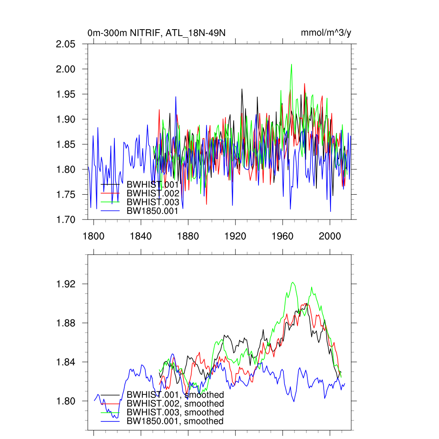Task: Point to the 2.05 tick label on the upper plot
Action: click(x=66, y=44)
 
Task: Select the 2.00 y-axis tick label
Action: click(x=66, y=69)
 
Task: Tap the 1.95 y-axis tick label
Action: click(x=66, y=94)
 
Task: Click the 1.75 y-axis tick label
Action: click(x=66, y=195)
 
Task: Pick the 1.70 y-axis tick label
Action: click(x=66, y=219)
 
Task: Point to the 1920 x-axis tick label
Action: click(x=235, y=235)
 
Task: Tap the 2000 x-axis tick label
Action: click(x=330, y=235)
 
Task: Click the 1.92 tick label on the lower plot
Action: click(x=66, y=284)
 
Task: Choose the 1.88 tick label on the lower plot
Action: click(x=66, y=323)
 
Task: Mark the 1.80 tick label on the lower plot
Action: click(x=66, y=401)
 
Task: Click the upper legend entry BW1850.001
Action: click(x=152, y=210)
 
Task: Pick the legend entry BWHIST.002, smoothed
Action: click(x=175, y=403)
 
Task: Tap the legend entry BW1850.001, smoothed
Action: click(x=175, y=421)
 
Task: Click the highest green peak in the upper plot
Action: click(x=292, y=65)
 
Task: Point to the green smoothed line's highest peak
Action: click(x=293, y=283)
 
